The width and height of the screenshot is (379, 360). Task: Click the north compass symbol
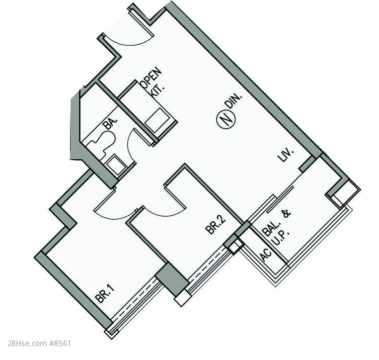coord(226,119)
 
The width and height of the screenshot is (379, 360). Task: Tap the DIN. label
coord(233,100)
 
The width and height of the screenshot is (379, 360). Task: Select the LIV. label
coord(286,155)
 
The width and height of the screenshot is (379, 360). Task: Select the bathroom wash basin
coord(116,165)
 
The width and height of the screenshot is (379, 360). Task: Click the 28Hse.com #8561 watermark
coord(39,343)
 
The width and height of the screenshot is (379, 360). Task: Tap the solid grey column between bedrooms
coord(171,279)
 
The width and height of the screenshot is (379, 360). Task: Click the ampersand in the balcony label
coord(286,214)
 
